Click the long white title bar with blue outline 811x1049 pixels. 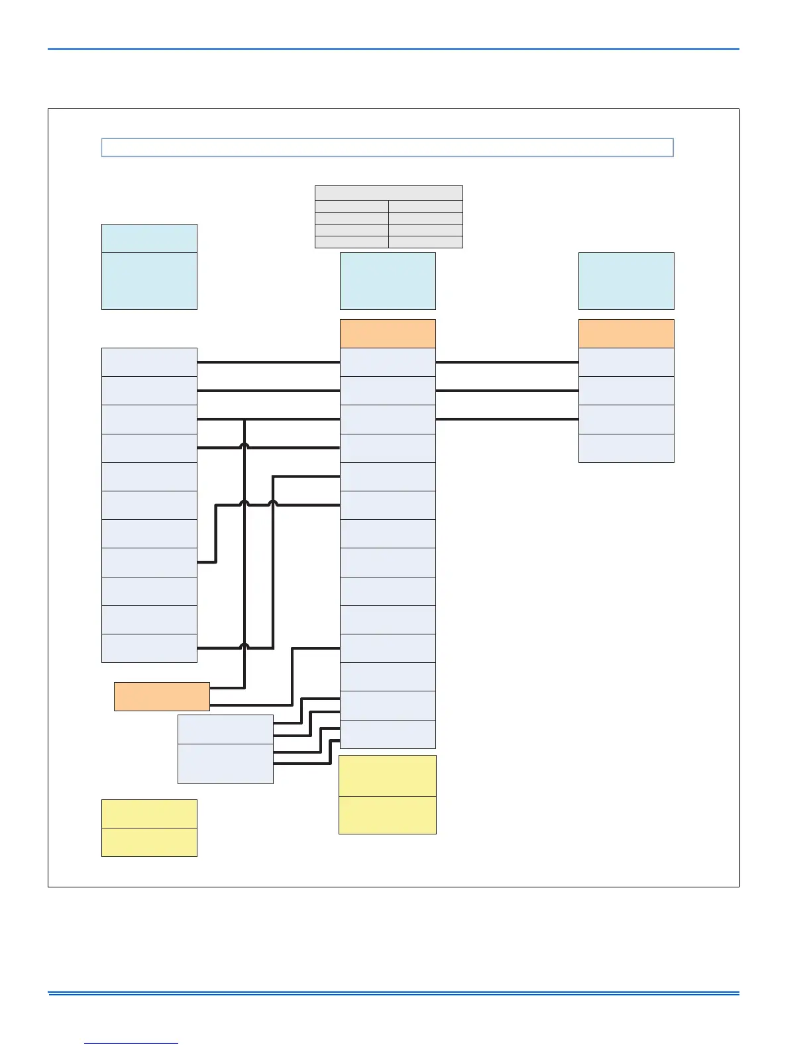387,147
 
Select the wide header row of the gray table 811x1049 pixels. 388,193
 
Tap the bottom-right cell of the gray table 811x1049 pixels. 425,242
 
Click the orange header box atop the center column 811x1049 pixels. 388,334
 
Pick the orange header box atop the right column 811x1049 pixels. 626,334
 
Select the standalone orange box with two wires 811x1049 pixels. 162,697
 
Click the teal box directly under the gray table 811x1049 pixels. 388,281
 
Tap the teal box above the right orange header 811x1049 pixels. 626,281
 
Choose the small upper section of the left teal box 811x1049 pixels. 149,238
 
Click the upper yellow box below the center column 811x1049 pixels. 388,775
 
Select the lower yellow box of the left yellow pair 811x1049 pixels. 149,842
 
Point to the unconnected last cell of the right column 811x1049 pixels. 626,448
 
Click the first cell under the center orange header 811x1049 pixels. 388,362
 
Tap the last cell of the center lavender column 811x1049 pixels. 388,734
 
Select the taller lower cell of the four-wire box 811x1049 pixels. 225,764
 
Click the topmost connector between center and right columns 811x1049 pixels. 507,362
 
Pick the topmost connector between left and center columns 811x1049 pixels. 268,362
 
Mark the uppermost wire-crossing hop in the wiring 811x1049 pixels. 244,446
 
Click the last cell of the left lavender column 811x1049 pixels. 149,648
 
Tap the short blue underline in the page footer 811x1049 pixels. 131,1044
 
